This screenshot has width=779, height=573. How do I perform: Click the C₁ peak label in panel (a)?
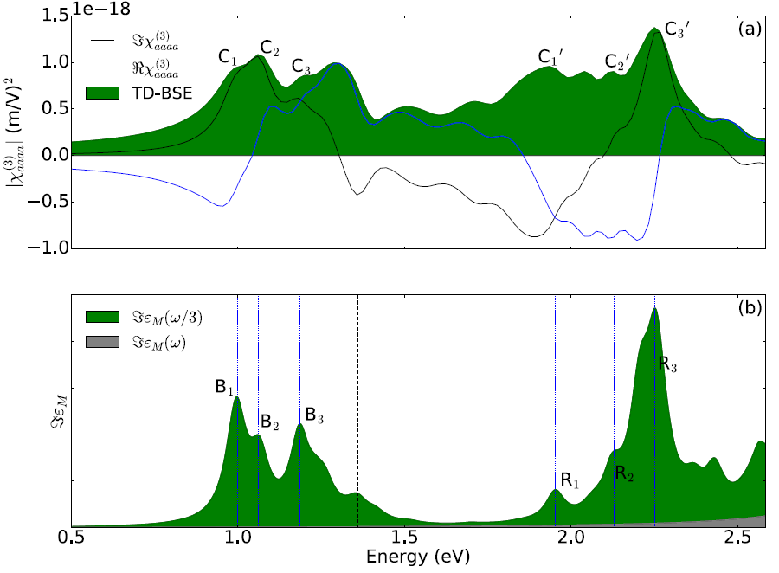click(228, 57)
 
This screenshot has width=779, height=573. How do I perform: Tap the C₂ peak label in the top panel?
click(270, 48)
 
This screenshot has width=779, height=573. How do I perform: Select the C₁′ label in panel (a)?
click(550, 57)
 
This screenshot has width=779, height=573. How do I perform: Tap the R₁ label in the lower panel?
click(568, 480)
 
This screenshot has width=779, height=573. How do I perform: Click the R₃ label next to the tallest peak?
click(667, 364)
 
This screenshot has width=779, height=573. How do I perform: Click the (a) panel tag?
click(750, 29)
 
